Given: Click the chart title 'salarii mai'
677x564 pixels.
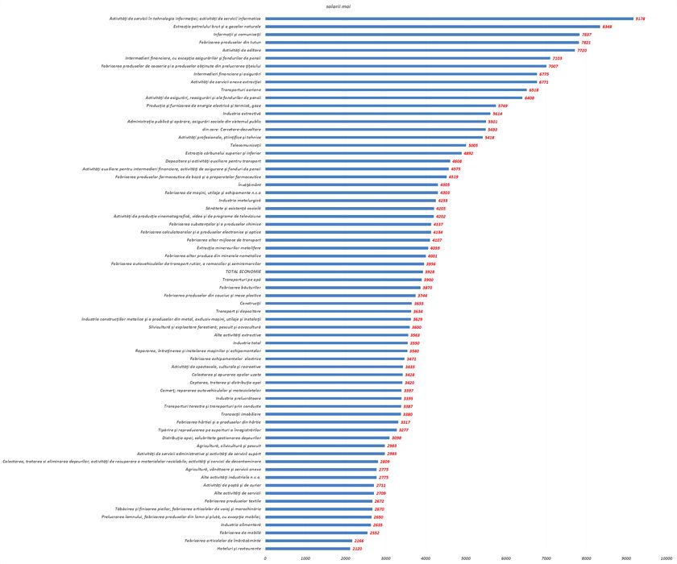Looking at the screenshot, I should [339, 6].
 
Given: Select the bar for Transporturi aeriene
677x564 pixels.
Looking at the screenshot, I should [395, 89].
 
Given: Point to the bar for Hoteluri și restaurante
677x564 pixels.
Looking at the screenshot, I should [307, 548].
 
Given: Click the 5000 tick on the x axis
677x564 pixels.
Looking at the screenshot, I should [466, 558].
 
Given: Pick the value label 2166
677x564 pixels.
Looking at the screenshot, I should [359, 541].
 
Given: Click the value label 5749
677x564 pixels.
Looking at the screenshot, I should [503, 106].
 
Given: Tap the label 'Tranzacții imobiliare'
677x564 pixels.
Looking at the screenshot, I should [239, 414].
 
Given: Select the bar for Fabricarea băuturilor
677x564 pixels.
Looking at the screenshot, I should [343, 287].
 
